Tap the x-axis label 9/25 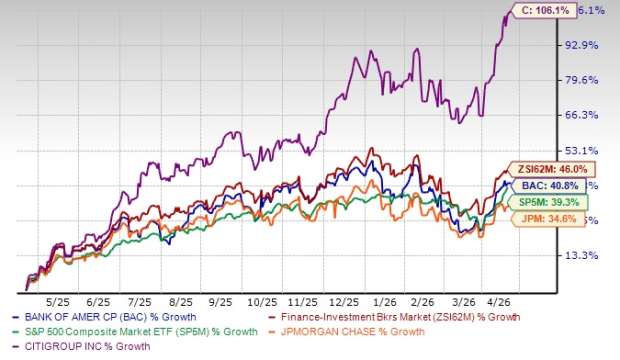tap(221, 299)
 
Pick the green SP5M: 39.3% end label tap(539, 201)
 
